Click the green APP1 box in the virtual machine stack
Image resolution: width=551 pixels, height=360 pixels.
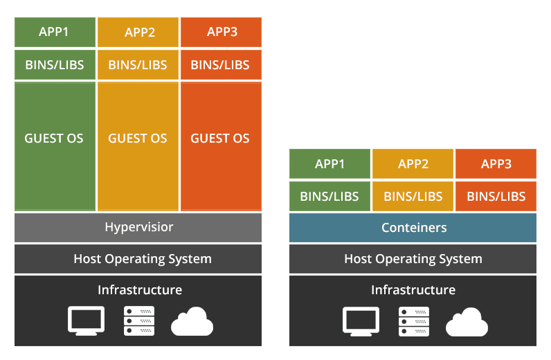point(55,32)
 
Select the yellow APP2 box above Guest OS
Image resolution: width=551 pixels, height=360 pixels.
point(138,32)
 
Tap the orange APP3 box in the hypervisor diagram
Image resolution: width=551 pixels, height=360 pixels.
point(221,32)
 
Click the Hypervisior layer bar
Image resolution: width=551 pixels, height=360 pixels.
point(138,228)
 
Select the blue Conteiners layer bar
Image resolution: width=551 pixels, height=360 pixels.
point(413,228)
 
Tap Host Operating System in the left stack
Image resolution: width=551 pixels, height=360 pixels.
point(138,259)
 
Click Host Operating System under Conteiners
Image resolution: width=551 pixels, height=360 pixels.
point(413,259)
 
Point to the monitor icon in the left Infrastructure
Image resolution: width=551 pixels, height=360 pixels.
point(87,321)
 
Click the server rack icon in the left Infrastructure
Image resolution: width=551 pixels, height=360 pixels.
point(139,321)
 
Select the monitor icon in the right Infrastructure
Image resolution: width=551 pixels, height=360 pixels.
point(361,321)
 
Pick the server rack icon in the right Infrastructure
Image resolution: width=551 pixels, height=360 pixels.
point(414,321)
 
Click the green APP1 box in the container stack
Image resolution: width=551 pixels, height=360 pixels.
point(329,164)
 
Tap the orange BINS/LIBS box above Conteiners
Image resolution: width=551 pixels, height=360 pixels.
point(496,197)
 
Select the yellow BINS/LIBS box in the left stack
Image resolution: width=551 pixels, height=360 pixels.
point(138,66)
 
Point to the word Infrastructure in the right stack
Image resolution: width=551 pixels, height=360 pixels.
point(413,290)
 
